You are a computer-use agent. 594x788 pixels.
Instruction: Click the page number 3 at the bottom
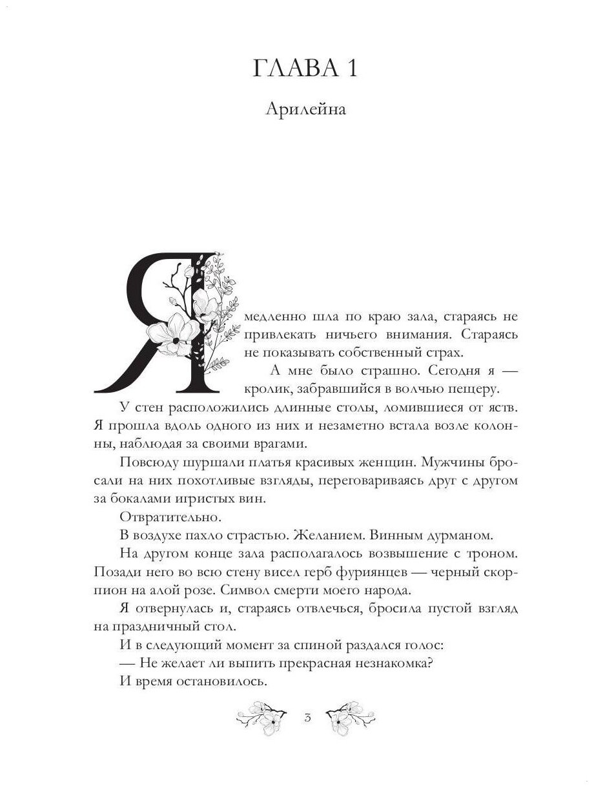point(307,717)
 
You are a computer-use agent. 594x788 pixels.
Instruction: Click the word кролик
point(265,389)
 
